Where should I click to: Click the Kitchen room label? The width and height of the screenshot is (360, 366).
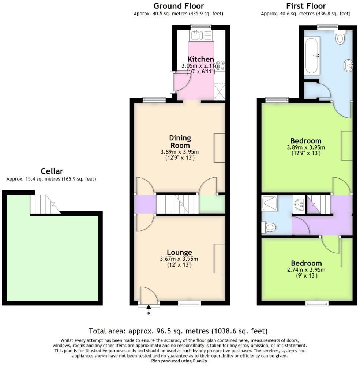point(200,59)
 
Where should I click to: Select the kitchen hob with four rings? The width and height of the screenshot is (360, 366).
point(220,65)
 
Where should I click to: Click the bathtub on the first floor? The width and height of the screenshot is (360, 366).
point(312,56)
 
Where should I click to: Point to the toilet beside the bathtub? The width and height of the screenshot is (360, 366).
point(341,38)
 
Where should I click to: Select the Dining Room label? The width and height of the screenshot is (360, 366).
point(180,142)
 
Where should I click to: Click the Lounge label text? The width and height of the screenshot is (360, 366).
point(179,253)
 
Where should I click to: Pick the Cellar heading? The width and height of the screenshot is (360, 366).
point(52,171)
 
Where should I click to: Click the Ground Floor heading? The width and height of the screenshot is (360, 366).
point(179,6)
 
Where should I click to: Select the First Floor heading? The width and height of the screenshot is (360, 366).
point(306,6)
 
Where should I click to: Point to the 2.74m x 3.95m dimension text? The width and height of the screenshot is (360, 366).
point(307,270)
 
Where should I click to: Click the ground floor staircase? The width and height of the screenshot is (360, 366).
point(177,204)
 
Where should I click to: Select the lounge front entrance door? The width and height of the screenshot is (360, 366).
point(149,295)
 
